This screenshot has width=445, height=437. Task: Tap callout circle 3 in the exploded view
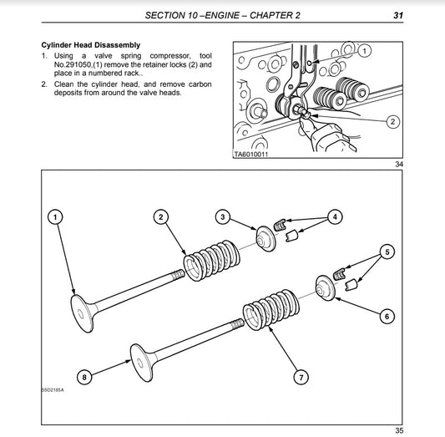click(223, 217)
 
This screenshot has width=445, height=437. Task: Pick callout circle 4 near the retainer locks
click(335, 217)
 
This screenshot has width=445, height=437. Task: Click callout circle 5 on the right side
click(387, 252)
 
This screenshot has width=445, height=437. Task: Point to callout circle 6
click(387, 316)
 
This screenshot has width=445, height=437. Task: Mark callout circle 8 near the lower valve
click(83, 377)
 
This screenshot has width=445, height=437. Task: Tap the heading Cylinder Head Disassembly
click(91, 44)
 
